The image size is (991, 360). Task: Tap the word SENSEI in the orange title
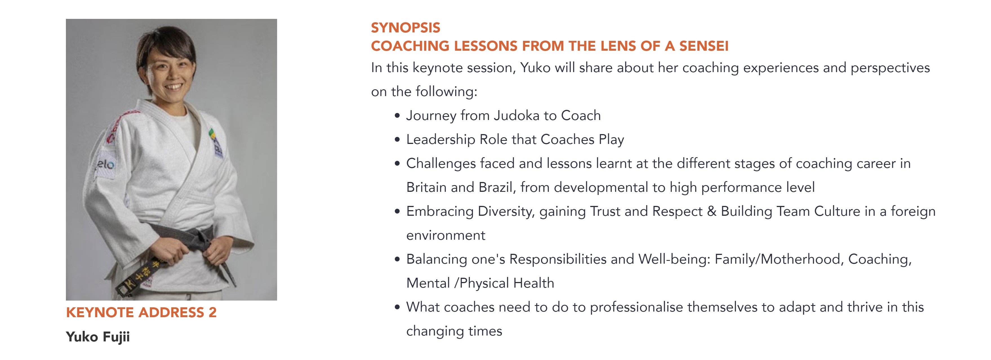pos(704,46)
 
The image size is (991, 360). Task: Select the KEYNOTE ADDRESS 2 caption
pos(141,312)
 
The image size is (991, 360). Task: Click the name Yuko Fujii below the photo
pos(98,337)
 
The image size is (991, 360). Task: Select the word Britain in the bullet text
pos(427,187)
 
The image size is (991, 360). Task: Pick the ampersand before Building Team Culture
pos(712,212)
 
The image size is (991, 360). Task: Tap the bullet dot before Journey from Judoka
pos(397,116)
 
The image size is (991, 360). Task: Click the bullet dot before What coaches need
pos(397,307)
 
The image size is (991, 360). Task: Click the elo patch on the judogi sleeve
pos(105,165)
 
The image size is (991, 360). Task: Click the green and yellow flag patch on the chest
pos(211,135)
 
